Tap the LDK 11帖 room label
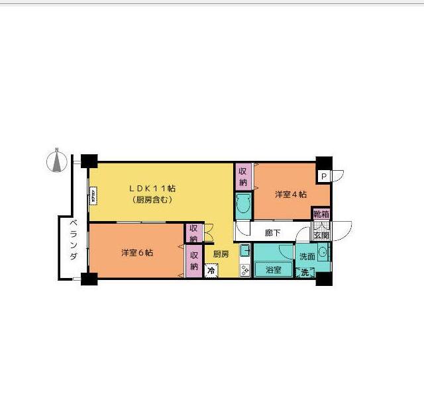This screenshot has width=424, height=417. click(152, 188)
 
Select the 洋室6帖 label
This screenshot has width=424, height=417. click(137, 253)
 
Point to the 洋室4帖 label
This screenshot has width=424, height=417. click(291, 195)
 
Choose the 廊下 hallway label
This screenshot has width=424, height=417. click(272, 233)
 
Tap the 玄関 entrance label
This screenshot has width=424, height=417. click(321, 235)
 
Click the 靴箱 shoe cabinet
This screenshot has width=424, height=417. click(321, 214)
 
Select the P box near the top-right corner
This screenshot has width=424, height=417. click(323, 176)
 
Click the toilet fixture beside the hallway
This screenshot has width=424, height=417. click(242, 207)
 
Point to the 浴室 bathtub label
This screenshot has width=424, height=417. click(273, 270)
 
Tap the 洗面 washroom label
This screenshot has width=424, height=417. click(307, 256)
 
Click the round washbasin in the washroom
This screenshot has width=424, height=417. click(323, 252)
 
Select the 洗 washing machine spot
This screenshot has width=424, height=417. click(305, 272)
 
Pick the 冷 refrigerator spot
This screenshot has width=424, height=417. click(211, 270)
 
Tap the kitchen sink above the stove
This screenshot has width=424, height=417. click(244, 250)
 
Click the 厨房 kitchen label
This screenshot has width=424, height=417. click(221, 254)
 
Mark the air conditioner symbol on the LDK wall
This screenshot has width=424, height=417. click(93, 195)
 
